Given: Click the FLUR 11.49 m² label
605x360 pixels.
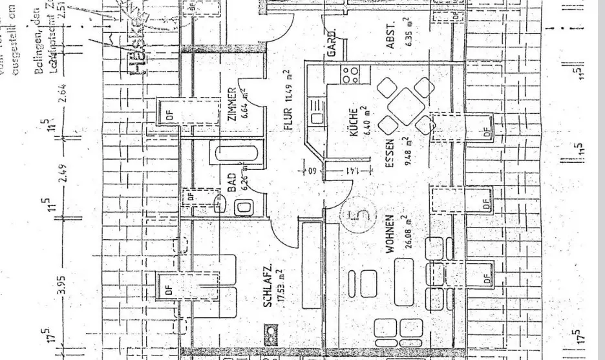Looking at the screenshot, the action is [x=288, y=100].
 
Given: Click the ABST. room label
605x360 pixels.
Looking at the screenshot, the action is [x=390, y=38].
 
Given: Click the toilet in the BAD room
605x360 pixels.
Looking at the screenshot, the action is [x=245, y=207].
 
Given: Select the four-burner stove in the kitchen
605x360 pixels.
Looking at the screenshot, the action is [x=350, y=75].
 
